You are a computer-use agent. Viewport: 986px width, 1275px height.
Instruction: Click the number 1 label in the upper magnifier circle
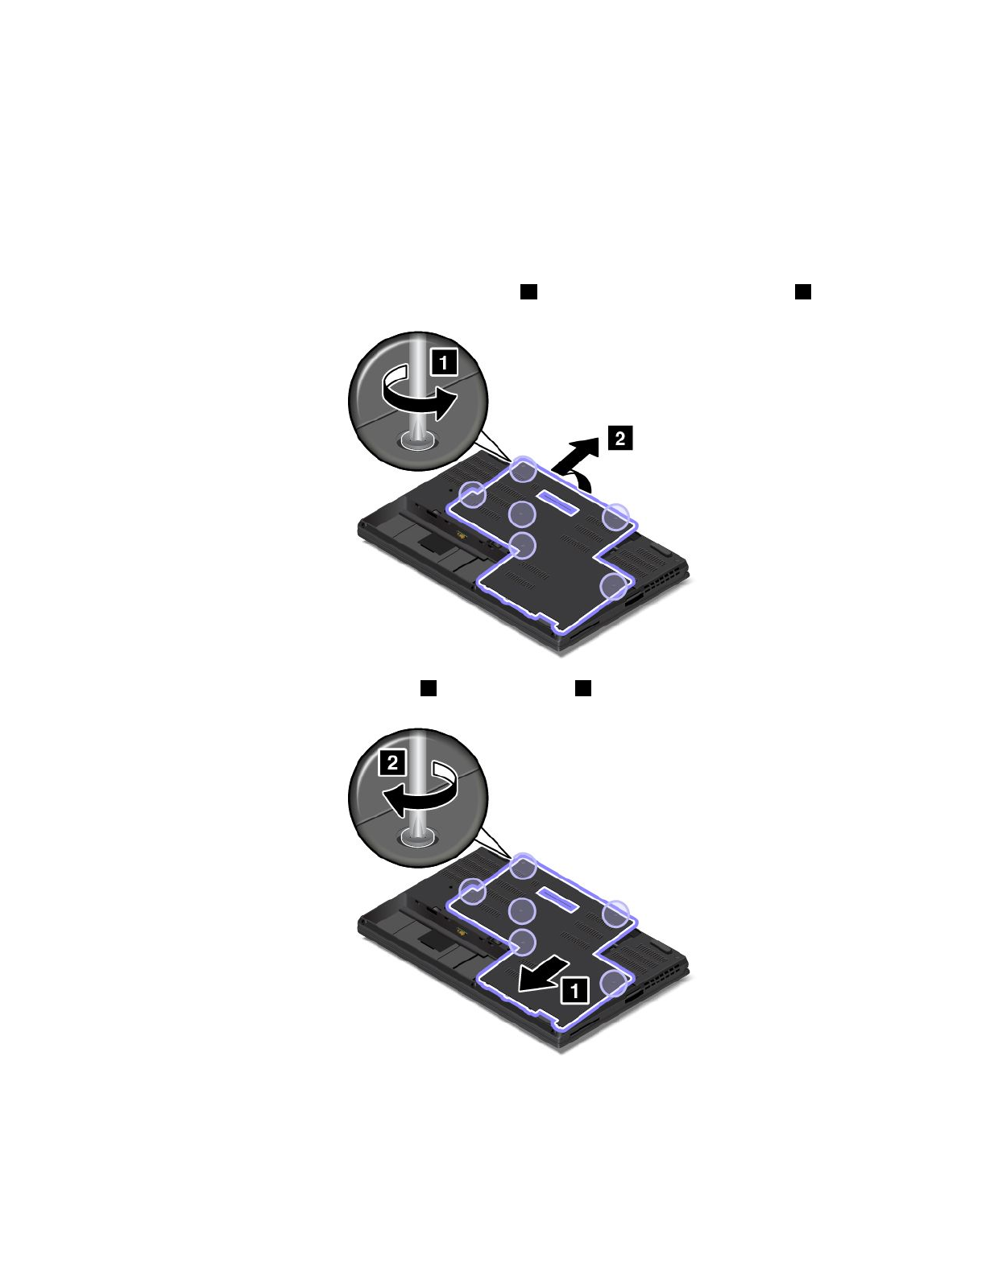(x=444, y=362)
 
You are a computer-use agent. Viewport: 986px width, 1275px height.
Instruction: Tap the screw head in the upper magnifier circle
(x=417, y=439)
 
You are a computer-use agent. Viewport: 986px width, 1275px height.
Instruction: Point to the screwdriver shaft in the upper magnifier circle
(x=418, y=387)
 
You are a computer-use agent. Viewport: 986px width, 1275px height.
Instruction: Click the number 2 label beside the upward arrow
(x=620, y=439)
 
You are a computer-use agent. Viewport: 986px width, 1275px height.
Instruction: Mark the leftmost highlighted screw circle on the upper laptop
(x=473, y=495)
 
